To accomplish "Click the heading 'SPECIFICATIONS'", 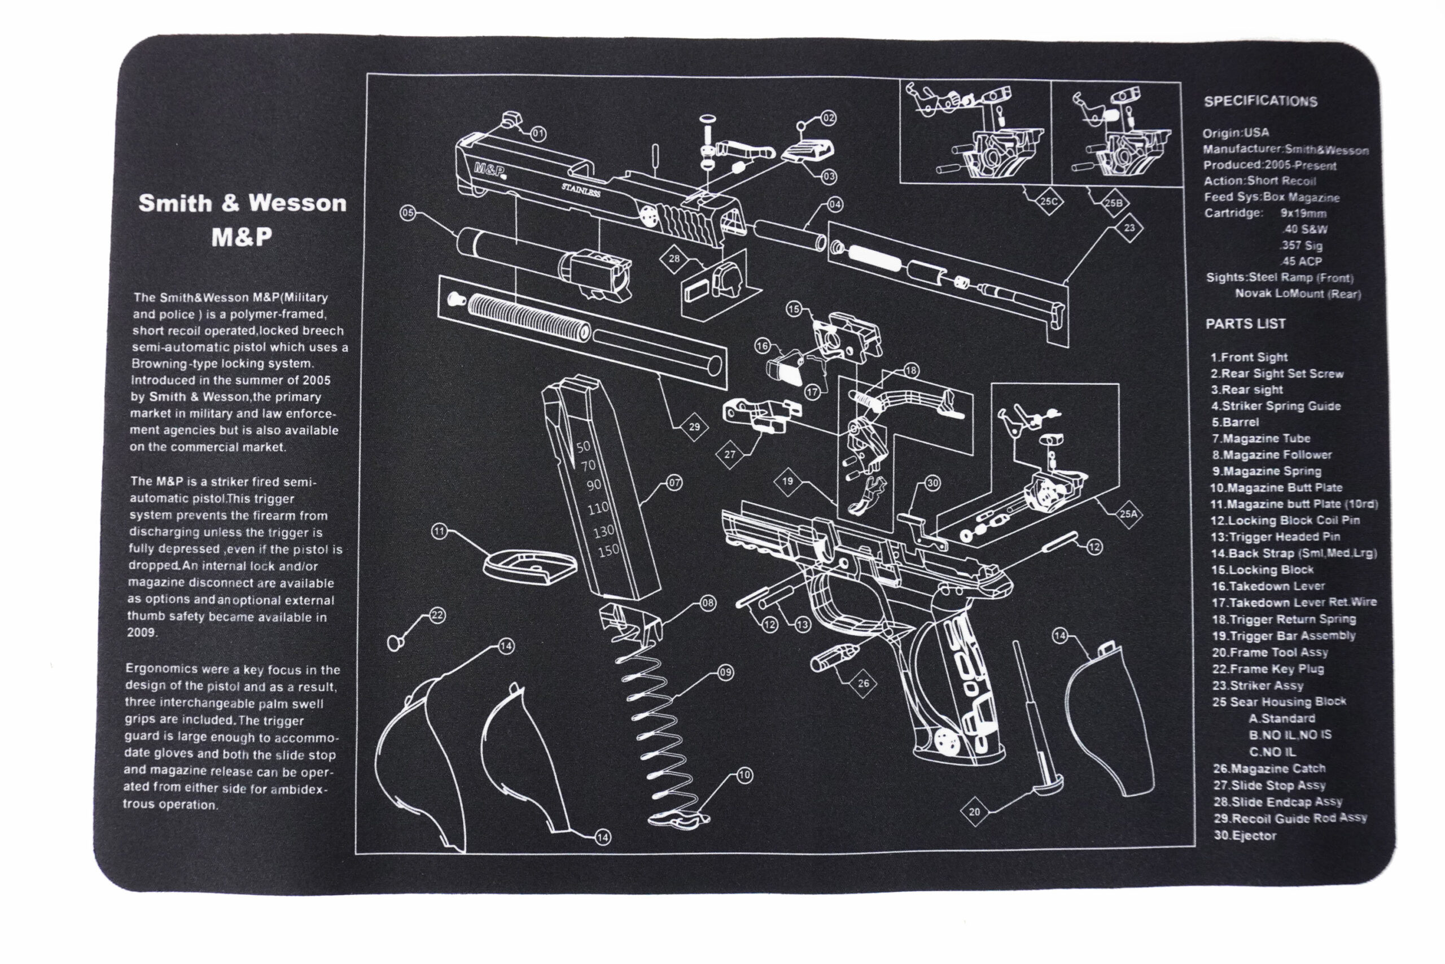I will point(1260,102).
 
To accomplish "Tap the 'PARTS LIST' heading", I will point(1245,324).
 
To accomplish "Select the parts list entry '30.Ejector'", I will point(1245,835).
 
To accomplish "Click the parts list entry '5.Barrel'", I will point(1235,422).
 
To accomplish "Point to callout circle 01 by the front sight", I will point(538,133).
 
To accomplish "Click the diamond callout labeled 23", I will point(1129,228).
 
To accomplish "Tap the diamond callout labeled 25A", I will point(1128,514).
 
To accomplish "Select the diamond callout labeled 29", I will point(694,427).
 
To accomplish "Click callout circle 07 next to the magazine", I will point(675,483).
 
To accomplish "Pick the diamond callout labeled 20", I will point(974,812).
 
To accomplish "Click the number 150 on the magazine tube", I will point(609,551).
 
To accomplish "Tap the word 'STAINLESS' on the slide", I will point(581,190).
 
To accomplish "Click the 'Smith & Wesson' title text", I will point(242,203).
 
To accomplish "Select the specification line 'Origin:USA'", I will point(1236,133).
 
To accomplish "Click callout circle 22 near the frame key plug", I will point(437,616).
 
